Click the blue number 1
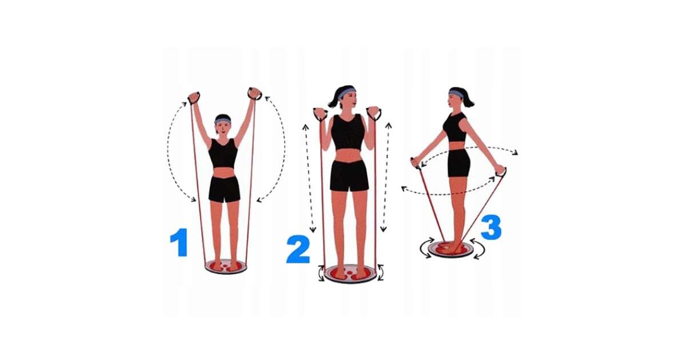point(179,242)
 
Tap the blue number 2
point(298,249)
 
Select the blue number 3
point(491,227)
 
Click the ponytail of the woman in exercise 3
point(468,99)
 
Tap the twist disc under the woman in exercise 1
point(226,267)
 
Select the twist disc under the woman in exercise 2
point(350,273)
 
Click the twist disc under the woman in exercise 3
point(450,249)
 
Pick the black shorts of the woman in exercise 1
point(225,189)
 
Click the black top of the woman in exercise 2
point(348,132)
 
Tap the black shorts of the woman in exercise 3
point(458,163)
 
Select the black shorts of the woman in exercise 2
point(349,176)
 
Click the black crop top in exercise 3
point(454,127)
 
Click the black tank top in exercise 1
point(224,153)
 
